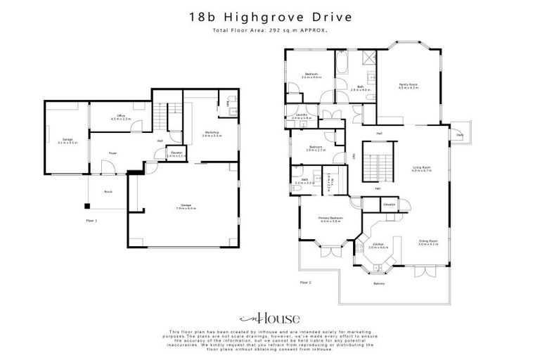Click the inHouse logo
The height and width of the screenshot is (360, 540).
[269, 318]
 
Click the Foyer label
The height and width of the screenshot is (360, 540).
[112, 153]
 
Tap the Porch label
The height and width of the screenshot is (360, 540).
[108, 191]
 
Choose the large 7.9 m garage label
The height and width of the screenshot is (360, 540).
[186, 206]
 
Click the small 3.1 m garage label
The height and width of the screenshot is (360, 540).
[67, 141]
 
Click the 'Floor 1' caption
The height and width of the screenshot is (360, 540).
[91, 220]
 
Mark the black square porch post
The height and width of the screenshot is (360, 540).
[87, 206]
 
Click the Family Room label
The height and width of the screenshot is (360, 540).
[409, 86]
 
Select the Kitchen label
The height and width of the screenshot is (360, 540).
[379, 246]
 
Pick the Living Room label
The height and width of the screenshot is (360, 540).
[421, 168]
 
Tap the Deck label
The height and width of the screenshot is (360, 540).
[460, 134]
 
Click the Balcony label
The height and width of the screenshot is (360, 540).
[379, 283]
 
